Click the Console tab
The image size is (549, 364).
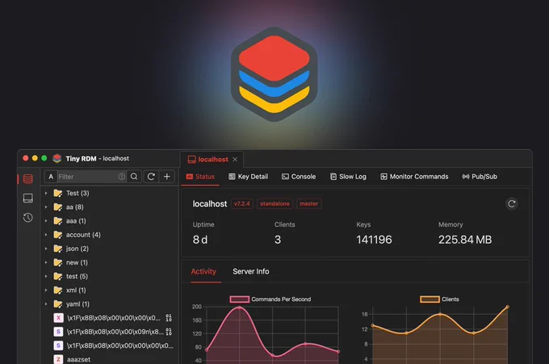(299, 177)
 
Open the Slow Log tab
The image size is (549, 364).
(348, 177)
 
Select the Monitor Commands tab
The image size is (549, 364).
(414, 177)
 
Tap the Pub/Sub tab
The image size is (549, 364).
(480, 177)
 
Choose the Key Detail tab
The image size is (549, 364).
(248, 177)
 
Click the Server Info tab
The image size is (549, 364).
(251, 271)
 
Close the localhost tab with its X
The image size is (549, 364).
(235, 159)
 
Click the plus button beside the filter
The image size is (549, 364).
(167, 177)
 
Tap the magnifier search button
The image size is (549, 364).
(134, 177)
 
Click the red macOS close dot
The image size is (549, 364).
(26, 158)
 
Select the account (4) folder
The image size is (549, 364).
(77, 235)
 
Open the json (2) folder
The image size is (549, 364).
(71, 249)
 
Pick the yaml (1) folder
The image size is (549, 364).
(71, 303)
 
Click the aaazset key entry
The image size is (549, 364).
(72, 359)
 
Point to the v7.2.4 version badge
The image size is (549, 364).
(242, 203)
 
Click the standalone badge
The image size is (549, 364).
(274, 203)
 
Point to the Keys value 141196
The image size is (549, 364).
(374, 240)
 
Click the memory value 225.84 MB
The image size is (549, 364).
(465, 240)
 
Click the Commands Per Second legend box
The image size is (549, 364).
(240, 299)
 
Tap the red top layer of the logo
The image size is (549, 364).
(274, 58)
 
